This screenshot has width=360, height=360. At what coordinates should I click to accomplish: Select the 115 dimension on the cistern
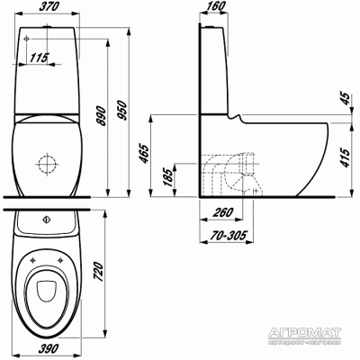tap(38, 58)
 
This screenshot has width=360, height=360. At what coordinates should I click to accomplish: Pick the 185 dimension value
tap(166, 176)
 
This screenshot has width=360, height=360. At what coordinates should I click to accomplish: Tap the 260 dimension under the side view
tap(214, 213)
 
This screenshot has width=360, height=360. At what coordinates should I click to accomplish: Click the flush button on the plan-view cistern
tap(45, 218)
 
